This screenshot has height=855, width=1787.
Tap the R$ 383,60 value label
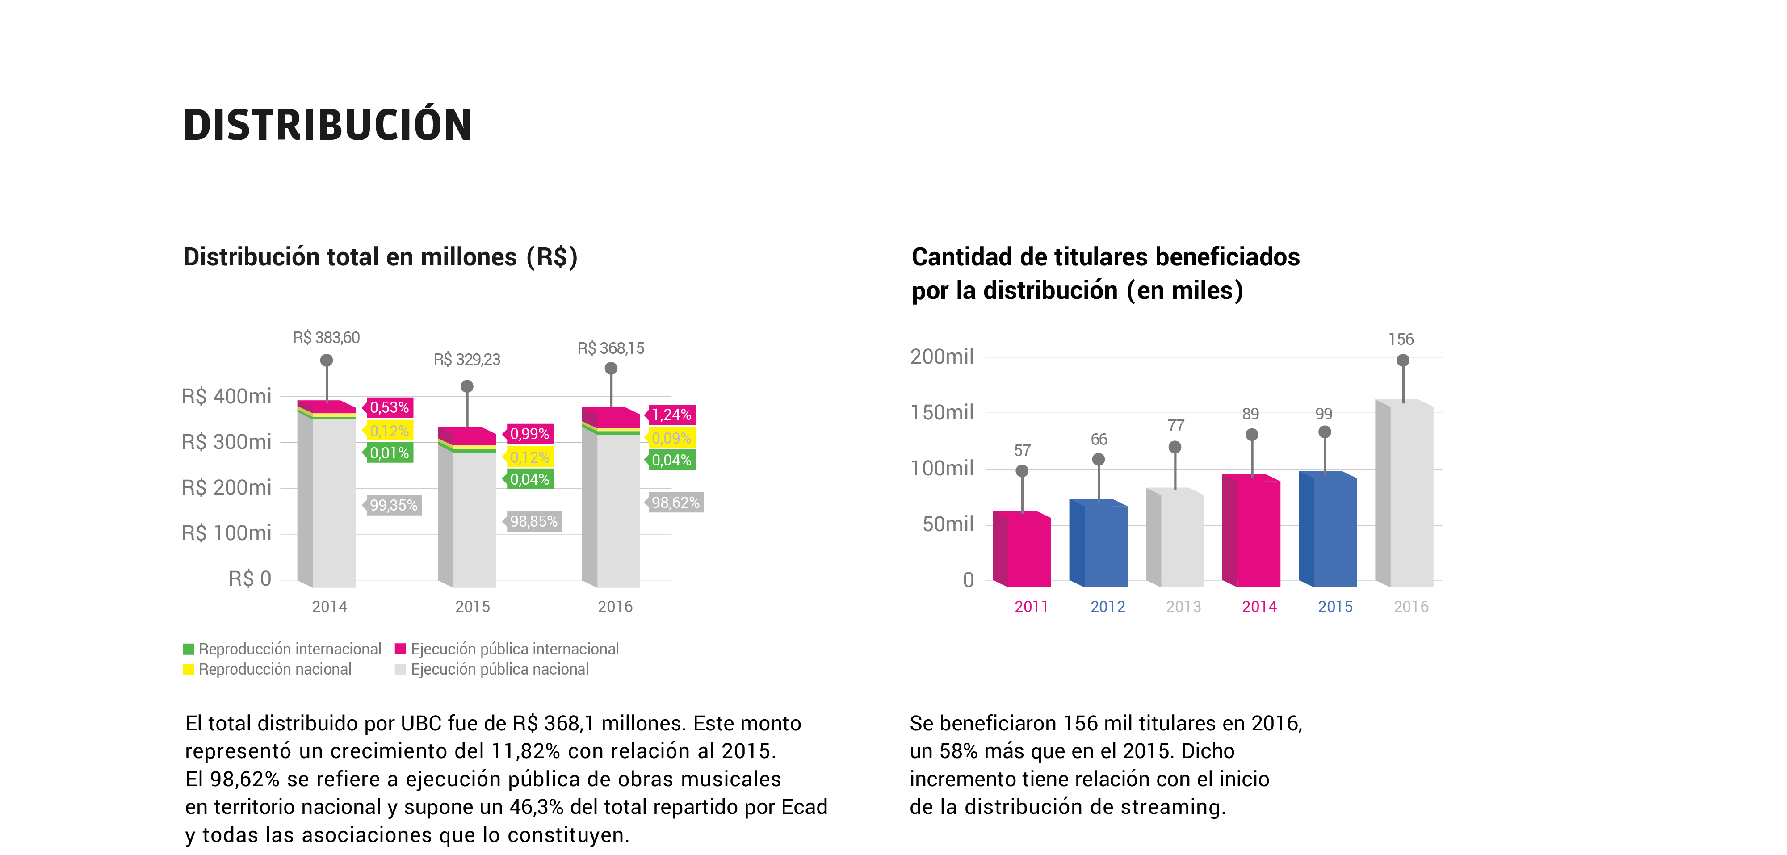(x=326, y=338)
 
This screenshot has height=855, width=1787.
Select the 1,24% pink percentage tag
(x=670, y=415)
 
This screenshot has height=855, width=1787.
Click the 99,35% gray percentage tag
(x=392, y=505)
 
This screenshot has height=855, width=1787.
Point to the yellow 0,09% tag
(x=670, y=438)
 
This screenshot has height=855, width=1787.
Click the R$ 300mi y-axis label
(x=226, y=442)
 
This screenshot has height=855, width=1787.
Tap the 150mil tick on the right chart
(x=942, y=413)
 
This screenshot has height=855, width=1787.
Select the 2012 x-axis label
(x=1107, y=607)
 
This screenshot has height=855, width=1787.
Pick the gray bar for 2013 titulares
(x=1175, y=537)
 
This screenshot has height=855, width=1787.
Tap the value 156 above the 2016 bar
(x=1401, y=339)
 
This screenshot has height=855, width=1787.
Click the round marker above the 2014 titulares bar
(x=1251, y=435)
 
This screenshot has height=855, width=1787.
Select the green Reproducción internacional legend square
(x=189, y=649)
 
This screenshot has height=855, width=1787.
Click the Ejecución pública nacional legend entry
(x=492, y=669)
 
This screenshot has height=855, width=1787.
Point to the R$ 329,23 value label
(x=467, y=359)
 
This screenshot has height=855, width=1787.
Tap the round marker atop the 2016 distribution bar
(x=611, y=368)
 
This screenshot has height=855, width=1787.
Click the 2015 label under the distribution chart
(x=472, y=607)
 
